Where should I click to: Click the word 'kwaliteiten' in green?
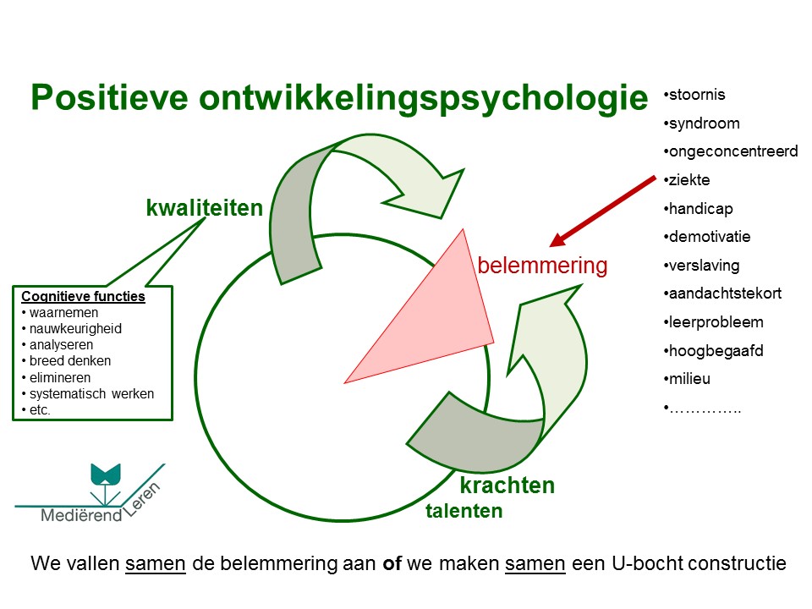204,207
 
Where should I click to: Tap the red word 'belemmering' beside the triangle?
542,266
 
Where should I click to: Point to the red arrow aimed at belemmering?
602,211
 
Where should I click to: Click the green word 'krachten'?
507,486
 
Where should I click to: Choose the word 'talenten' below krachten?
464,511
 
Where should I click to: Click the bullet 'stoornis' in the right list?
697,95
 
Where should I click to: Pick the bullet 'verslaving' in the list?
704,266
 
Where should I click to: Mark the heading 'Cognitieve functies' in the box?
83,298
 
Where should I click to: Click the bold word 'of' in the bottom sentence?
392,564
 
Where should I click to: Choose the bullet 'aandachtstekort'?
724,294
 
